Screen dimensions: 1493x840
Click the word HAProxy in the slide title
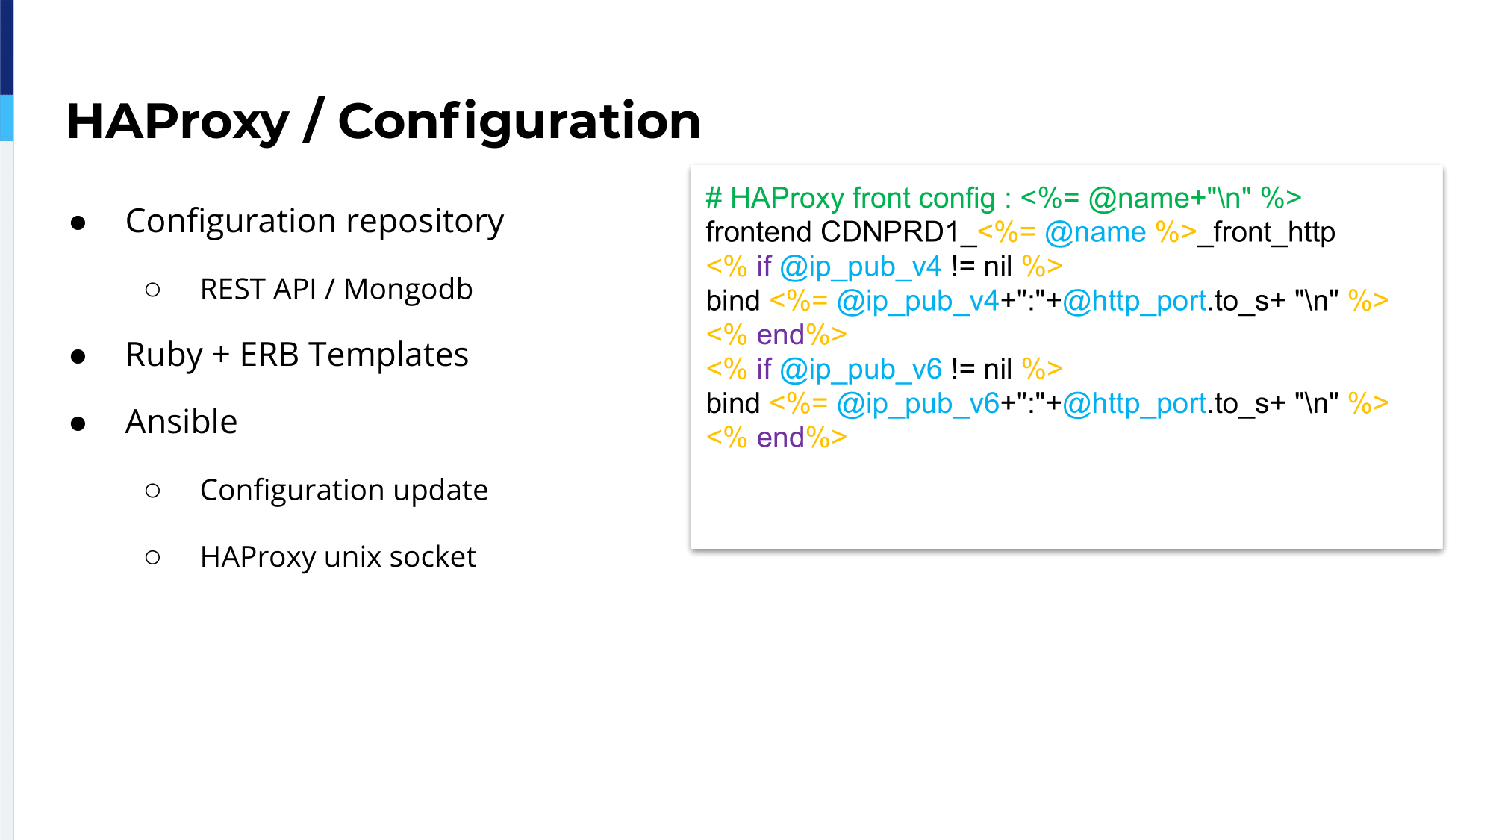tap(178, 122)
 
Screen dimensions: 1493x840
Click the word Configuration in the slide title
tap(520, 122)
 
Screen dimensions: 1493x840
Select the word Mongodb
tap(408, 290)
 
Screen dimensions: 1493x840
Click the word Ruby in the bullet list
tap(164, 356)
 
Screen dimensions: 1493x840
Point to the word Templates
tap(388, 356)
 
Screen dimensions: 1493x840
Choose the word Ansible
tap(181, 422)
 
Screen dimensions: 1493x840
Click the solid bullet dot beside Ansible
tap(78, 424)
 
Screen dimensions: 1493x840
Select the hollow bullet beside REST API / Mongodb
tap(153, 290)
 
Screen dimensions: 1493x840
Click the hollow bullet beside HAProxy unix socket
tap(153, 557)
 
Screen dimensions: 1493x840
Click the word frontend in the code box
tap(758, 232)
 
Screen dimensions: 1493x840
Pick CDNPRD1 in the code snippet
tap(890, 232)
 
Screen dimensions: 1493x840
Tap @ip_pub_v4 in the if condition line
tap(861, 267)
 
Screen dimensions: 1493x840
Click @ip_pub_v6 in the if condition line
tap(861, 370)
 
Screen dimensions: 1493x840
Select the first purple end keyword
tap(780, 335)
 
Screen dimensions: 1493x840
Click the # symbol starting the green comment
tap(714, 199)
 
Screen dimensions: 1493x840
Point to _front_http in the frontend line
tap(1266, 233)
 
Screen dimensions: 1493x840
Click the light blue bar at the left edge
tap(7, 117)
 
